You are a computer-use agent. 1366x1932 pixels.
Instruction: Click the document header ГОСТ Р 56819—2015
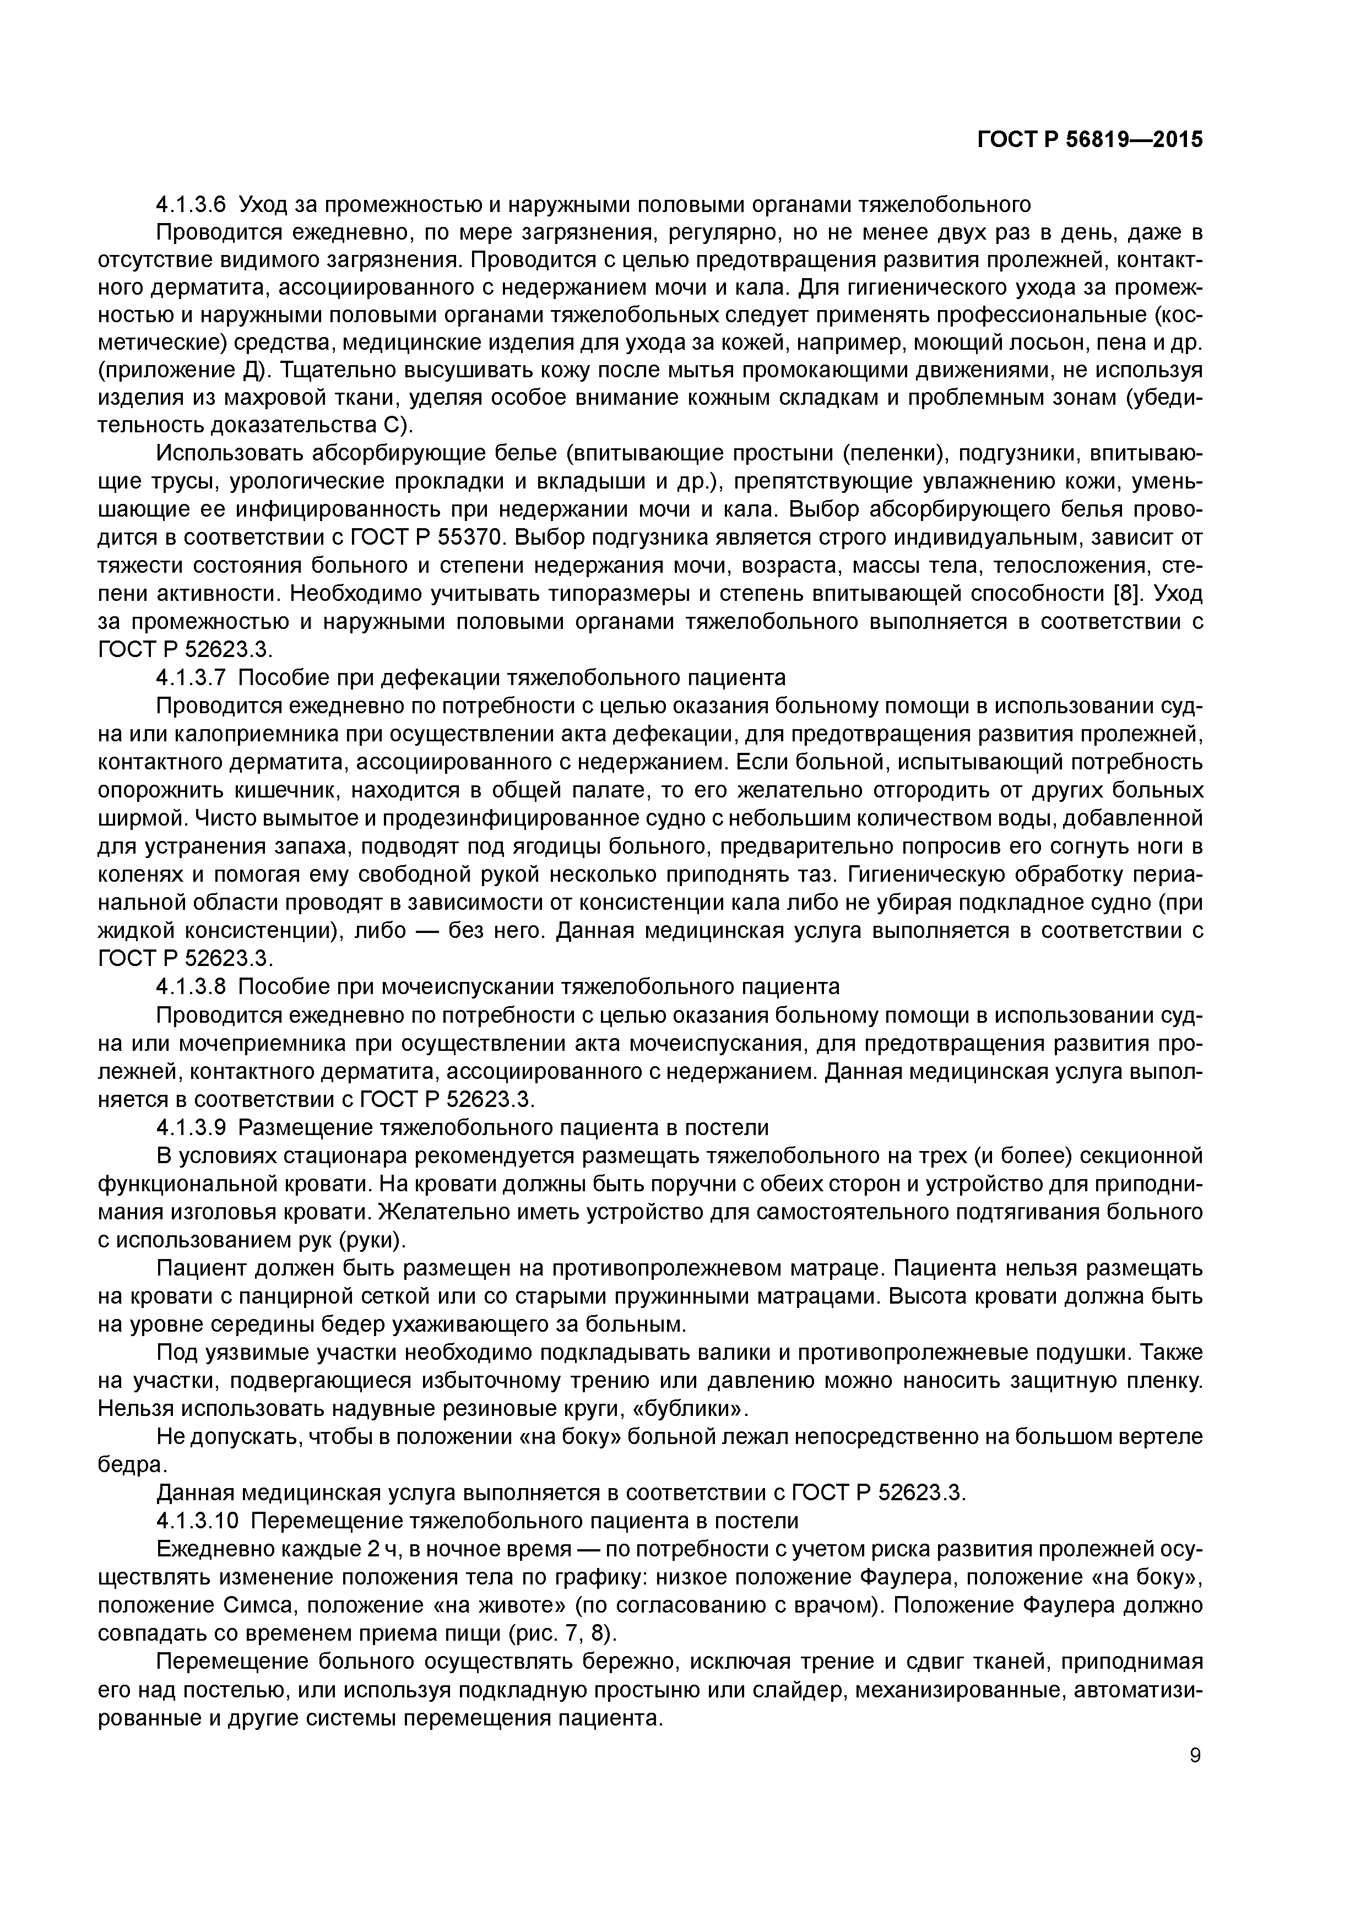pos(1089,140)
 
